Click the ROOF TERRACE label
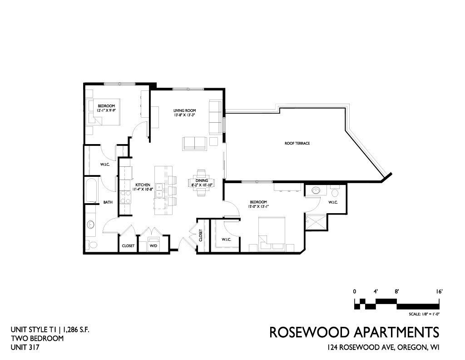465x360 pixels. (297, 143)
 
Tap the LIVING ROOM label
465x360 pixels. (184, 111)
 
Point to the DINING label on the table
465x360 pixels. (202, 181)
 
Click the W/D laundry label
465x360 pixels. (153, 246)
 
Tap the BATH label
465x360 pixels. (108, 202)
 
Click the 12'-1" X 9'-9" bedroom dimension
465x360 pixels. (106, 110)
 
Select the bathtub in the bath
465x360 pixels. (91, 190)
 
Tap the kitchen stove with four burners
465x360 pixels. (125, 197)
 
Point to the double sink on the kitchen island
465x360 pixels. (160, 191)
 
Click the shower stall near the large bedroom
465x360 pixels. (316, 222)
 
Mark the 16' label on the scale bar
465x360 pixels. (439, 292)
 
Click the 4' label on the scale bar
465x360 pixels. (376, 292)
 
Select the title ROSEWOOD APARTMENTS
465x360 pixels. (354, 332)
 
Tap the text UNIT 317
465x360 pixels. (25, 347)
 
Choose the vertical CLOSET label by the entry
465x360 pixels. (201, 235)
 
